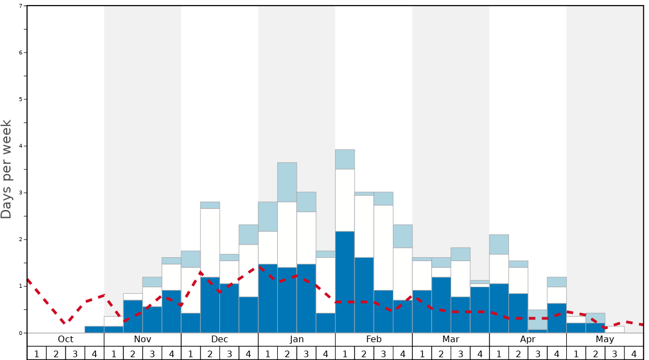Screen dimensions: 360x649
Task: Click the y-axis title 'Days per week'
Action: click(x=7, y=169)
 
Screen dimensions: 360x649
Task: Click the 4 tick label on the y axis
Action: click(x=21, y=146)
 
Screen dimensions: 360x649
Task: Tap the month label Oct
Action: click(x=66, y=339)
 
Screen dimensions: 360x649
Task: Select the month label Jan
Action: click(x=297, y=339)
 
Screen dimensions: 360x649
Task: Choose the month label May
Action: click(x=605, y=339)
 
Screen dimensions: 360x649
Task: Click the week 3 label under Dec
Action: click(x=229, y=353)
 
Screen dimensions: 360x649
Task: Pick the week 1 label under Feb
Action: click(x=345, y=353)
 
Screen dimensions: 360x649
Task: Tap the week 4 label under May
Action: click(x=634, y=353)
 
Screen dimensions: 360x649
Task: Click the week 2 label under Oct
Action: click(x=56, y=353)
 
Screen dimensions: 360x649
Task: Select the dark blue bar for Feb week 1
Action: click(x=345, y=282)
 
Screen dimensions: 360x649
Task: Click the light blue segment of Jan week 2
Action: click(x=287, y=182)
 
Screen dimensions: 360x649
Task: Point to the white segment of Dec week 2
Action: click(x=210, y=243)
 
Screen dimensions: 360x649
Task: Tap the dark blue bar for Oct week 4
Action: click(x=94, y=329)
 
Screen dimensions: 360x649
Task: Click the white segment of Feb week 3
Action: click(x=383, y=248)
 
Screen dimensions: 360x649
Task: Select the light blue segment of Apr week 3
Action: click(x=537, y=319)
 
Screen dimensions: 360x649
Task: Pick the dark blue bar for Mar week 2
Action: click(x=441, y=304)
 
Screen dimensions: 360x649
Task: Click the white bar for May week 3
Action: click(x=615, y=329)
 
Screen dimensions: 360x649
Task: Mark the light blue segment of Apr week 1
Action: click(x=499, y=244)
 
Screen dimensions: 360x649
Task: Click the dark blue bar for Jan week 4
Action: click(x=326, y=323)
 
